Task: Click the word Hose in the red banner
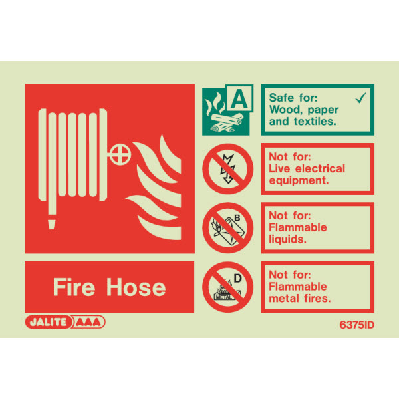point(136,287)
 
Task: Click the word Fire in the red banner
point(74,287)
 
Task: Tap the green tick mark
point(361,98)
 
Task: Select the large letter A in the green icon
point(239,99)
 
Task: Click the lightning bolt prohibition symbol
point(227,169)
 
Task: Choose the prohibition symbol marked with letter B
point(227,227)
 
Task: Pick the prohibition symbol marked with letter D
point(227,287)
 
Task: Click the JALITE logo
point(48,322)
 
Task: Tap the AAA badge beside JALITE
point(88,322)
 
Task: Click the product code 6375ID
point(356,325)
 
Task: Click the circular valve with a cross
point(120,154)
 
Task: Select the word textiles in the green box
point(315,122)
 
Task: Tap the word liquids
point(287,239)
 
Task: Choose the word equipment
point(299,181)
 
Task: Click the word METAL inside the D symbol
point(224,297)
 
